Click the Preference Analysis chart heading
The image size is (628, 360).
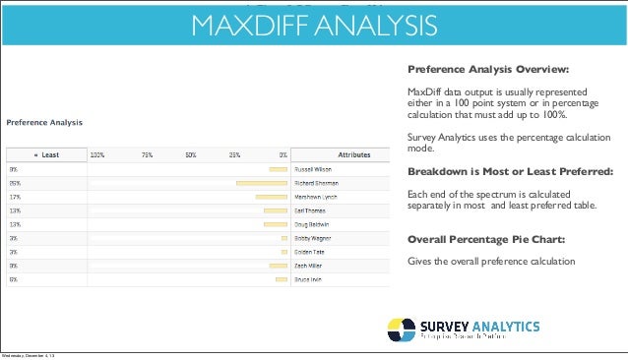tap(45, 122)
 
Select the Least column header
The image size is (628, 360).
tap(46, 154)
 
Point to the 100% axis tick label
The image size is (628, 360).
tap(98, 154)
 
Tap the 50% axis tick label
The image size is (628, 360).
tap(192, 154)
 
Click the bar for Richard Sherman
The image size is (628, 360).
tap(261, 183)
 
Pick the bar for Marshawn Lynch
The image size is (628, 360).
tap(271, 197)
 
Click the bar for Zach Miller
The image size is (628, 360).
tap(283, 266)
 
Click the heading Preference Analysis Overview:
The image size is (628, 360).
tap(488, 70)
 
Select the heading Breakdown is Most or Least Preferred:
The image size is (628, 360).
tap(509, 169)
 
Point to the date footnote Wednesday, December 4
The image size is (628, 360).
tap(29, 355)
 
